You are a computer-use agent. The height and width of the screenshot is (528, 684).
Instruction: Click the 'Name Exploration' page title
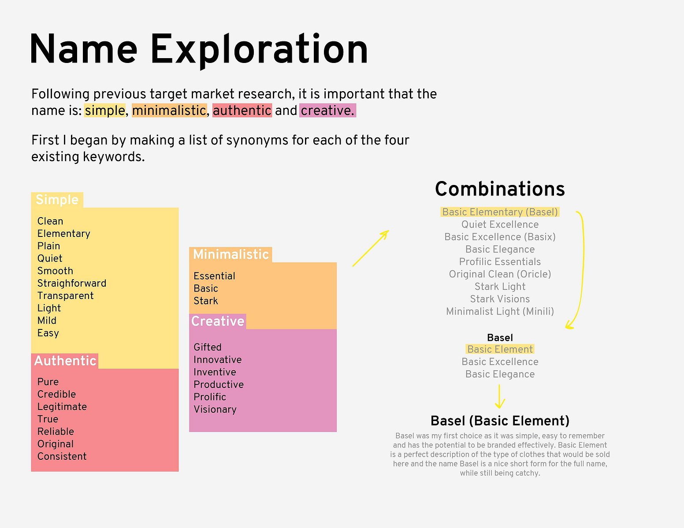[x=199, y=50]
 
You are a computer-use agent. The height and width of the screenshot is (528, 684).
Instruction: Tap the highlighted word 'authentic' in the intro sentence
[x=242, y=111]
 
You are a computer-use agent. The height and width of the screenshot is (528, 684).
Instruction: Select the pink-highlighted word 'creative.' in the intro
[x=328, y=111]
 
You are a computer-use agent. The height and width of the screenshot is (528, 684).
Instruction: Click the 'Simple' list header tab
[x=57, y=199]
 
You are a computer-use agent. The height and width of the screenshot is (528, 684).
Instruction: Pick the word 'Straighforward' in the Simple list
[x=72, y=283]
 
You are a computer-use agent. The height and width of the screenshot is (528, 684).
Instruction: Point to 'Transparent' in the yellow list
[x=66, y=295]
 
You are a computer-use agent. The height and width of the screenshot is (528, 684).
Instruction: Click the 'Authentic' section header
[x=65, y=361]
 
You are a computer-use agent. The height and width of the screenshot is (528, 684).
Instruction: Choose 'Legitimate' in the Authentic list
[x=62, y=406]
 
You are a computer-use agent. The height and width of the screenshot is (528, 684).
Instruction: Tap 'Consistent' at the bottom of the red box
[x=62, y=456]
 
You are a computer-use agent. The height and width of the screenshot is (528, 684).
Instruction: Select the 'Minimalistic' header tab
[x=231, y=255]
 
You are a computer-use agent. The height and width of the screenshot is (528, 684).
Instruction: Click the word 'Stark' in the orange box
[x=206, y=301]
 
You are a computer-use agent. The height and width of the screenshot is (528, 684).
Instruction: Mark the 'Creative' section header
[x=218, y=321]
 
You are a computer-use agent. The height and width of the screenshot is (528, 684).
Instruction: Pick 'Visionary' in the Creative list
[x=215, y=410]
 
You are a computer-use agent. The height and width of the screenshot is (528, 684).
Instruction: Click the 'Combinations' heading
[x=500, y=189]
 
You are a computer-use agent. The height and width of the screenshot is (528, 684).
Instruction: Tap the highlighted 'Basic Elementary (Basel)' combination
[x=500, y=212]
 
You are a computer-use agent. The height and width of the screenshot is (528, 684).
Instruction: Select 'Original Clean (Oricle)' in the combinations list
[x=500, y=274]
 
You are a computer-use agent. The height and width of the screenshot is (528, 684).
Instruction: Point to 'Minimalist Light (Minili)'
[x=500, y=311]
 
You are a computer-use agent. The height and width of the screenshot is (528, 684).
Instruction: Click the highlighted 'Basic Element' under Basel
[x=500, y=349]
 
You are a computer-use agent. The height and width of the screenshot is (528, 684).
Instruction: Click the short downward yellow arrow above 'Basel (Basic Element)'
[x=500, y=396]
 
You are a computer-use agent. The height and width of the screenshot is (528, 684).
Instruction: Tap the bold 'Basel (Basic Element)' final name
[x=500, y=421]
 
